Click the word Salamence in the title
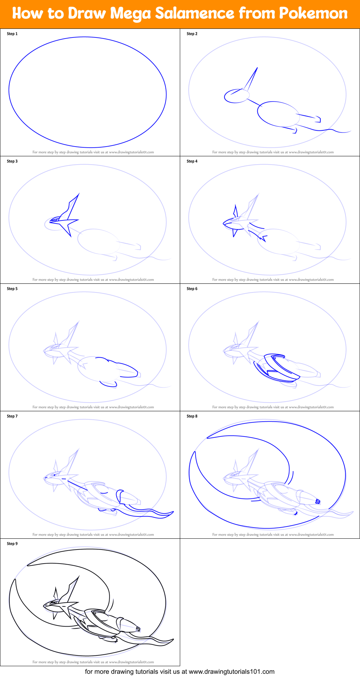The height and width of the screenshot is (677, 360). pos(194,14)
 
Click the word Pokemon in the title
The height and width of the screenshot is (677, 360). pos(313,14)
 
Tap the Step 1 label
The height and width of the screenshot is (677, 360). pos(12,34)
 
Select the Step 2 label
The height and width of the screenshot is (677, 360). pos(192,34)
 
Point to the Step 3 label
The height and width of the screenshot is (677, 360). pos(12,161)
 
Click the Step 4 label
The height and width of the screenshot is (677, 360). pos(192,161)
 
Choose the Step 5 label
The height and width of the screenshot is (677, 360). pos(12,289)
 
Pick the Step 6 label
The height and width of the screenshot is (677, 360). pos(192,289)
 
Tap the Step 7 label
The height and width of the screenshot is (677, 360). pos(12,416)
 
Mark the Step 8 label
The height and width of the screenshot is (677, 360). pos(192,416)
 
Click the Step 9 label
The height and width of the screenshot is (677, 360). pos(12,544)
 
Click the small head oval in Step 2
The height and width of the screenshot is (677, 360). pos(236,96)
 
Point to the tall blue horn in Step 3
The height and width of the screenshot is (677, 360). pos(74,205)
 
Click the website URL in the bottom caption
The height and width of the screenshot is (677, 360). pos(231,672)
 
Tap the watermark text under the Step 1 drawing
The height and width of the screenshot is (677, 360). pos(93,152)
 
